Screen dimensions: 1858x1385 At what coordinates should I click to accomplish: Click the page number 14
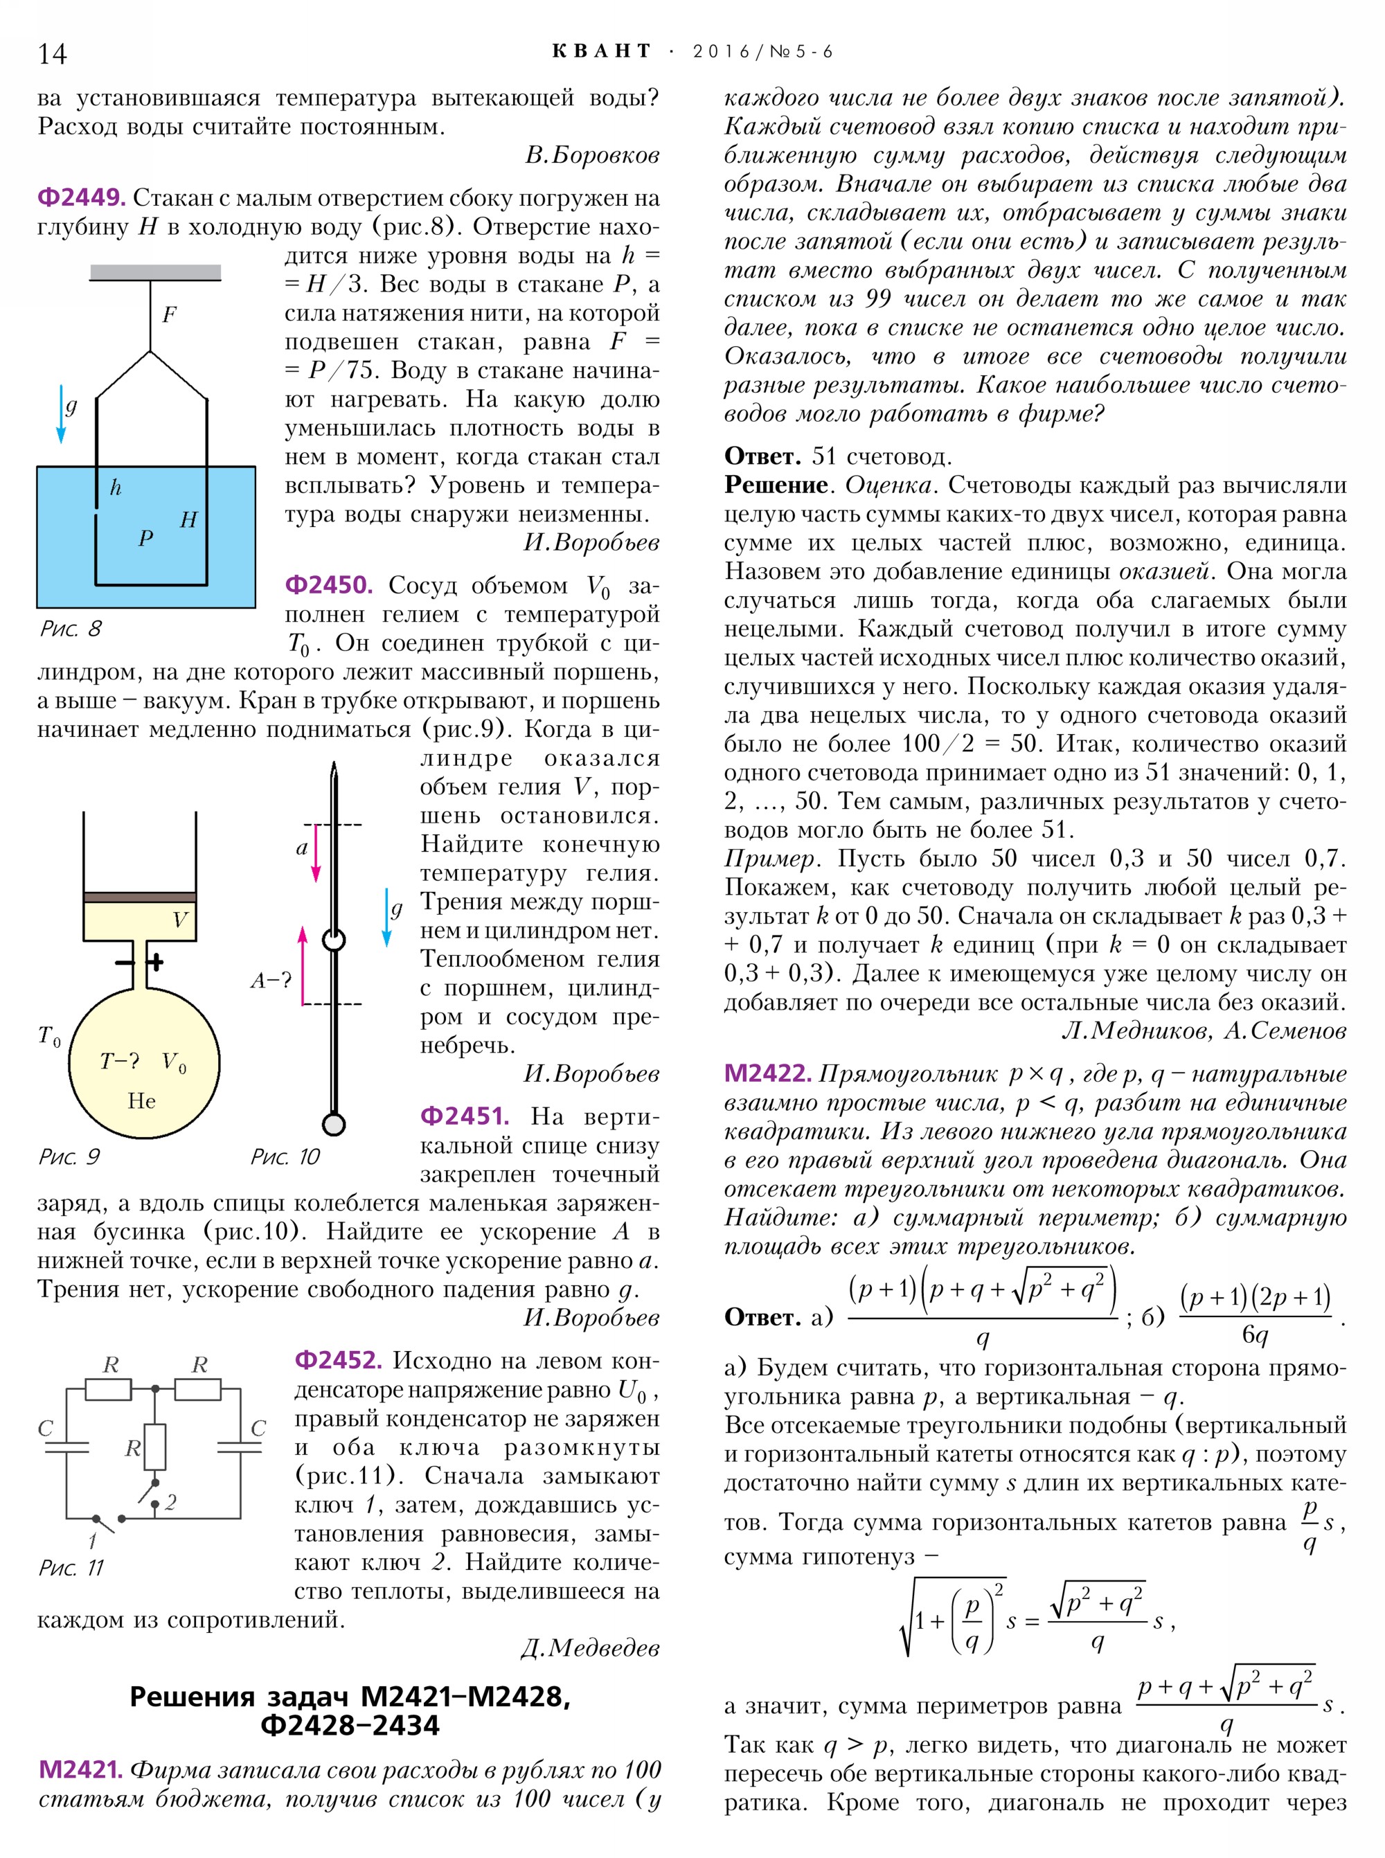pyautogui.click(x=52, y=53)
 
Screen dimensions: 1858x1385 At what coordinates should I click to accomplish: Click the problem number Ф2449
pyautogui.click(x=81, y=198)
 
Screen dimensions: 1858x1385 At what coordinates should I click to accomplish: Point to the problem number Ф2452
pyautogui.click(x=338, y=1360)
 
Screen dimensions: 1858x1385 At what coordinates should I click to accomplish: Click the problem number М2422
pyautogui.click(x=767, y=1073)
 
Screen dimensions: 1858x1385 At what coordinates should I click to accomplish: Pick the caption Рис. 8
pyautogui.click(x=71, y=629)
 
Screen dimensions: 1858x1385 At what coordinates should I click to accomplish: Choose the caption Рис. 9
pyautogui.click(x=69, y=1157)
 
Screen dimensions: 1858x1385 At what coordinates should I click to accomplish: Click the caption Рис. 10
pyautogui.click(x=285, y=1157)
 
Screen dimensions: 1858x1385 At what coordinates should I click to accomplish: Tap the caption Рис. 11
pyautogui.click(x=71, y=1568)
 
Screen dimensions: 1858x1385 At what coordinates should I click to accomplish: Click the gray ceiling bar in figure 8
pyautogui.click(x=155, y=272)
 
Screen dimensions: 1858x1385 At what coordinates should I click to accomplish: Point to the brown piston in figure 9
pyautogui.click(x=140, y=897)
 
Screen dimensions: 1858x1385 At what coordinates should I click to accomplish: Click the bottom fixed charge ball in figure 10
pyautogui.click(x=334, y=1123)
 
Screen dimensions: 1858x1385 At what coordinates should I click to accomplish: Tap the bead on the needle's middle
pyautogui.click(x=334, y=940)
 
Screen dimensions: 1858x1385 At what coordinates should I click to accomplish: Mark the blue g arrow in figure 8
pyautogui.click(x=61, y=413)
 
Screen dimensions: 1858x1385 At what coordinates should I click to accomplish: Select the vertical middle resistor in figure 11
pyautogui.click(x=155, y=1447)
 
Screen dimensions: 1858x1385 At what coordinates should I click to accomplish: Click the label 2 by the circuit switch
pyautogui.click(x=171, y=1501)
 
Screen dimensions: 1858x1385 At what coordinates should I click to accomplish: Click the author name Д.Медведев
pyautogui.click(x=590, y=1647)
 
